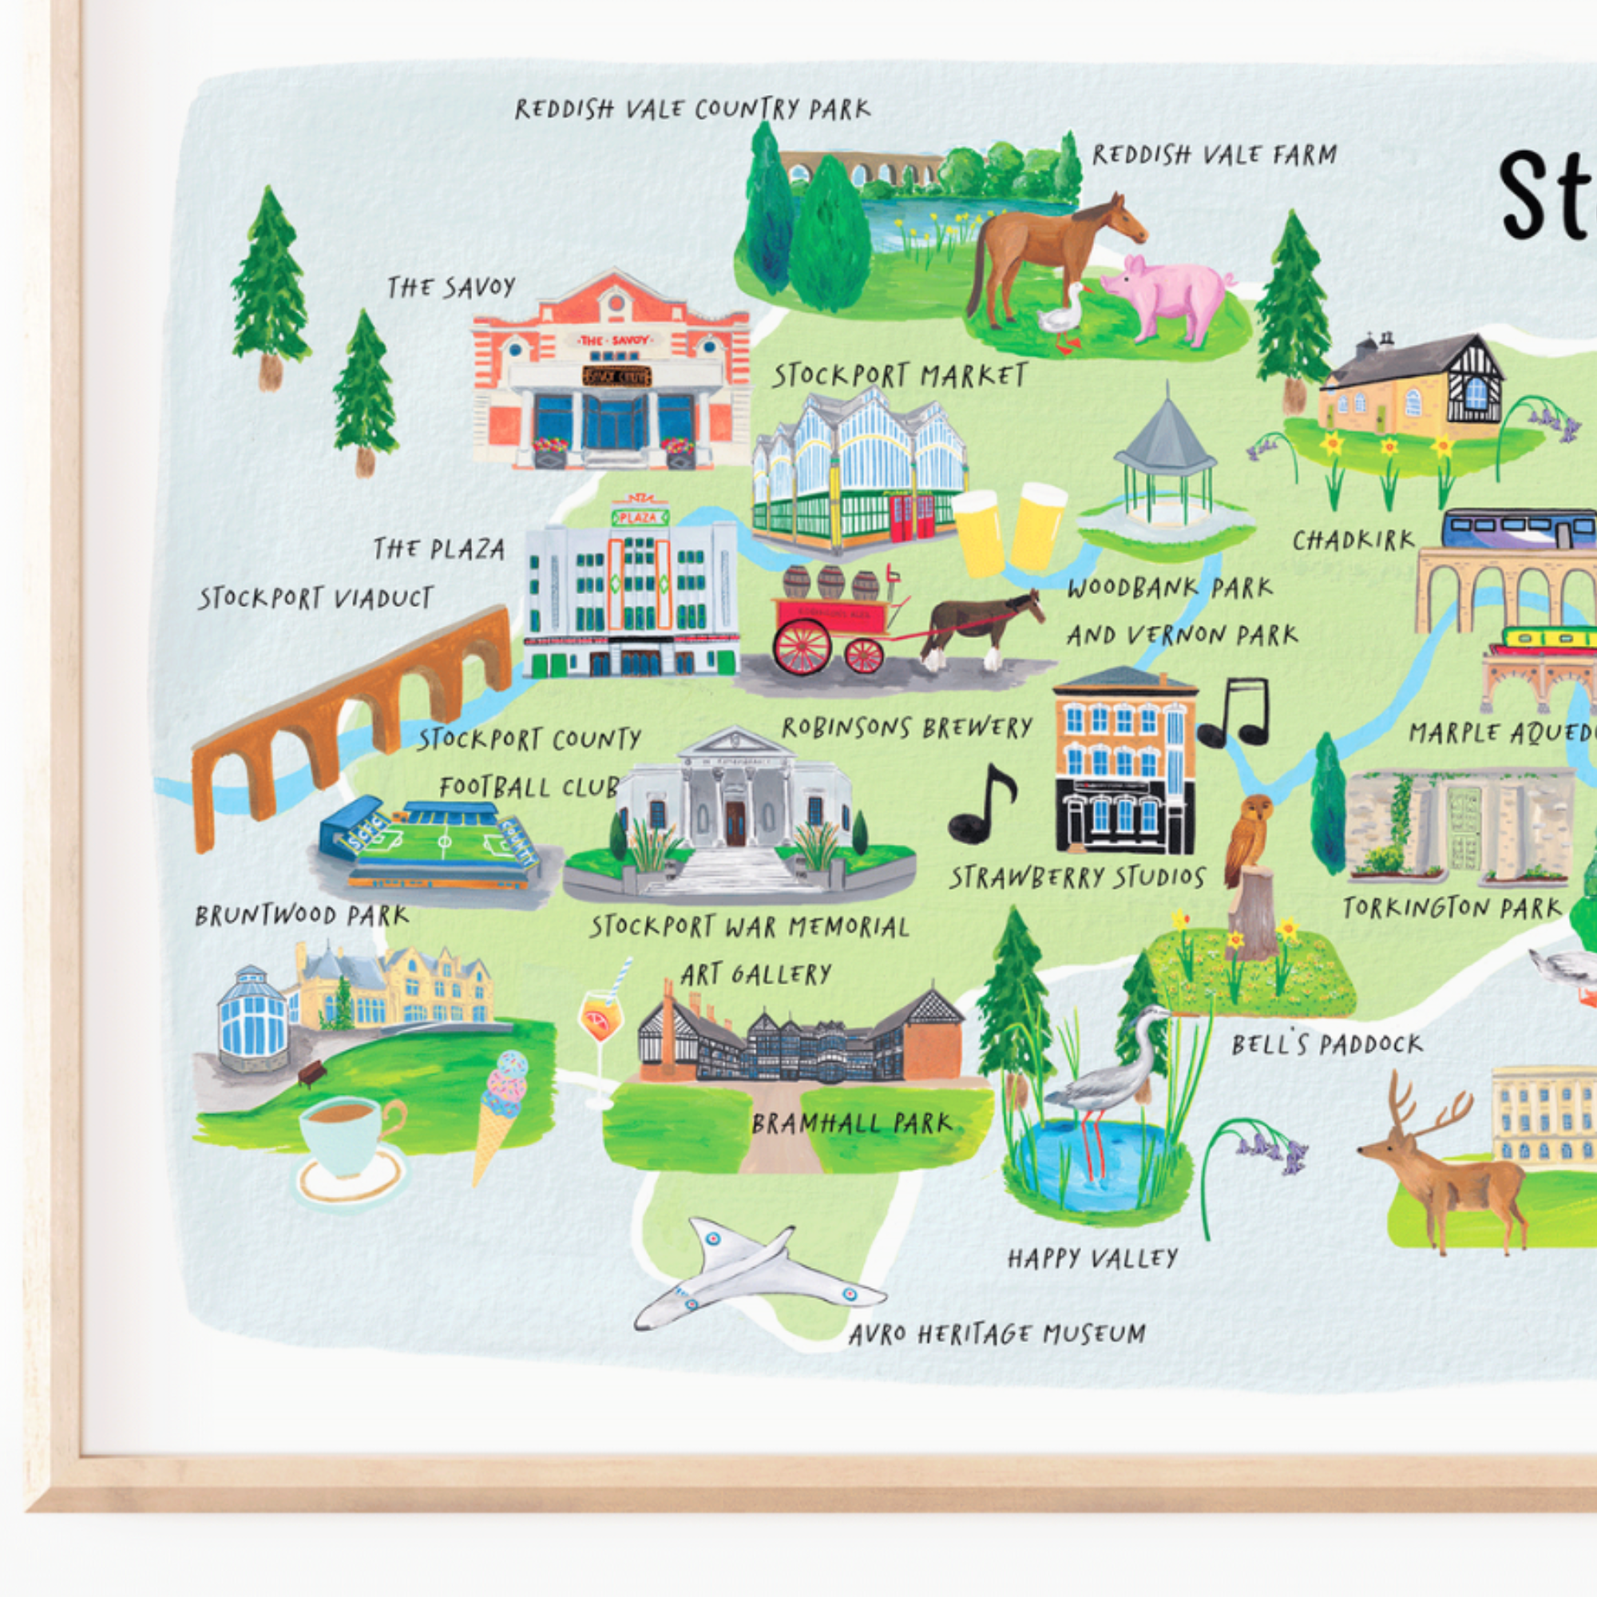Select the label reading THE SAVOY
click(451, 287)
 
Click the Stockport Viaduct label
click(315, 597)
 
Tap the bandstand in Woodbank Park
click(1165, 471)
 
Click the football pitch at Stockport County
click(430, 844)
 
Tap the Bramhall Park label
click(851, 1123)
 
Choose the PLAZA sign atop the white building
click(640, 517)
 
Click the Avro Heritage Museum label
click(996, 1333)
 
